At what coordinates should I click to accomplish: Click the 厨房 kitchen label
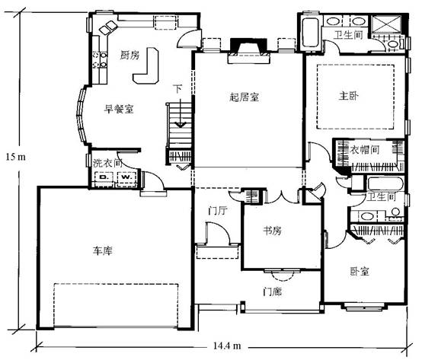point(129,55)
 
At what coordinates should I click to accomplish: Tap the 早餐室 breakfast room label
point(119,109)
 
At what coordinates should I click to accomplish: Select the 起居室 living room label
point(244,97)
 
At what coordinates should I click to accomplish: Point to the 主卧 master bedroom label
point(349,96)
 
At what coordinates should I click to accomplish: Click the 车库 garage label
point(103,251)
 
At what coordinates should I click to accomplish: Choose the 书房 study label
point(273,231)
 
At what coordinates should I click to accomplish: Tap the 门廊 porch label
point(273,292)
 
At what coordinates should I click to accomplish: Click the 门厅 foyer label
point(218,211)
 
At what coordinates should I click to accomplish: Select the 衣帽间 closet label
point(365,149)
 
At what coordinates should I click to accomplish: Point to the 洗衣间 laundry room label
point(107,163)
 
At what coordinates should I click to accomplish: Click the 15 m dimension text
point(16,157)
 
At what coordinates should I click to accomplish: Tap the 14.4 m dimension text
point(227,346)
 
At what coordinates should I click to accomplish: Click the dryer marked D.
point(104,177)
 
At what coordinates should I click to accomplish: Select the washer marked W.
point(126,177)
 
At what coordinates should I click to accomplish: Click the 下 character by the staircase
point(177,89)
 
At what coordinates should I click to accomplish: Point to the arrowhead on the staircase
point(181,125)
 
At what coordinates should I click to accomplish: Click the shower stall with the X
point(386,24)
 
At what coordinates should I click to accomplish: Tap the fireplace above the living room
point(248,51)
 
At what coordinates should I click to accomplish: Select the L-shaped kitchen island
point(145,66)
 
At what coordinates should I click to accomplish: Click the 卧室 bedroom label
point(360,271)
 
